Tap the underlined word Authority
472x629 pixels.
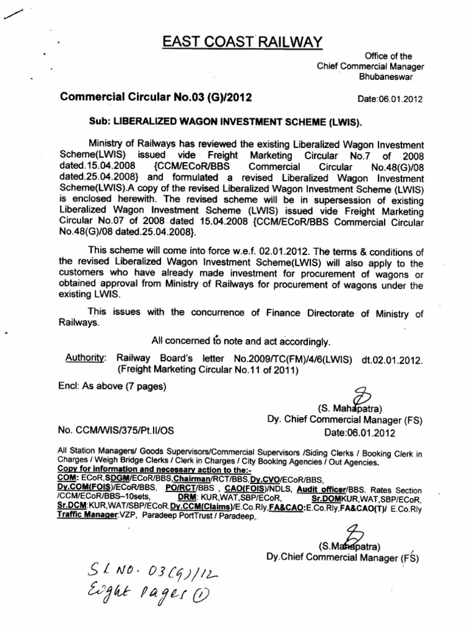tap(87, 357)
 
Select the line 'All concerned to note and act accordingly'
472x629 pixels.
tap(241, 341)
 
